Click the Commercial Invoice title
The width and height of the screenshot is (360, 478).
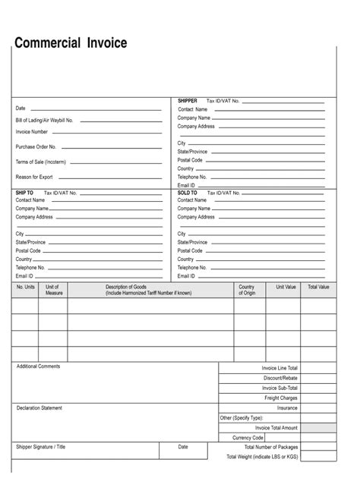point(70,43)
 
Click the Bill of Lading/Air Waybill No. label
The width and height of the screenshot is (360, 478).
point(44,121)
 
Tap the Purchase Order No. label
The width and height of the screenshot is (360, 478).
point(36,147)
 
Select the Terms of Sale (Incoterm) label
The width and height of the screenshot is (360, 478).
point(40,162)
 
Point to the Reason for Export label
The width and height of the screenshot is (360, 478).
point(34,177)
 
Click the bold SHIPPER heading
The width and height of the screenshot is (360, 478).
point(188,101)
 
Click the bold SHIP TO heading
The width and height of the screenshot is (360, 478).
point(25,193)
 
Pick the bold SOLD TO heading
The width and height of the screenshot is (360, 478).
point(188,193)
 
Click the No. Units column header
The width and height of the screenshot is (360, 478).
point(26,287)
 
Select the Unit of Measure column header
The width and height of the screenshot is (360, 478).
point(54,290)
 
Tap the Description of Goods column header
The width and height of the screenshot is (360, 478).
point(148,289)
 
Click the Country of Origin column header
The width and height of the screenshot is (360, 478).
point(248,290)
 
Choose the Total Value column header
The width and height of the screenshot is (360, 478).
point(318,287)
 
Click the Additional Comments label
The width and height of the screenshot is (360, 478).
point(38,366)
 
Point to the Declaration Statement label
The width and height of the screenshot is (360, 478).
point(39,408)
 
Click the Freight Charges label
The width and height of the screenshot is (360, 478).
point(280,398)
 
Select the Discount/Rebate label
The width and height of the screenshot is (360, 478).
point(280,378)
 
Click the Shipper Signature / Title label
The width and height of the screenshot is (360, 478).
point(41,447)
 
